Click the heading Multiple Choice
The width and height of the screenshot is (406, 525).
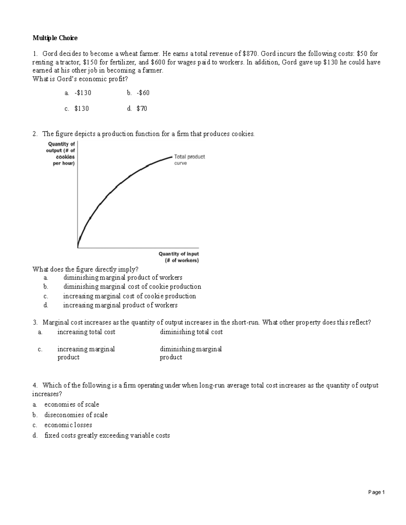[55, 38]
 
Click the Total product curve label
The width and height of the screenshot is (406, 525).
[189, 160]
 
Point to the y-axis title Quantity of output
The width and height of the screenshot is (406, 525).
[61, 153]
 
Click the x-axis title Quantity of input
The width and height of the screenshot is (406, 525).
[179, 257]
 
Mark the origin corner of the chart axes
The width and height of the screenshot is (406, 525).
[78, 248]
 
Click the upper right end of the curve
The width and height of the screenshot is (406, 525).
[172, 157]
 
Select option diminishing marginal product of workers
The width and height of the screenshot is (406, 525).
[123, 278]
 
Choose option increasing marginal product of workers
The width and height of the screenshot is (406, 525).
[120, 305]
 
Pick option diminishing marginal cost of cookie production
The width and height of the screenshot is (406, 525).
[132, 287]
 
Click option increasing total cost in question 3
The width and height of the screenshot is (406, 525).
[86, 332]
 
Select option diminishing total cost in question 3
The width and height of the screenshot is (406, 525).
[191, 332]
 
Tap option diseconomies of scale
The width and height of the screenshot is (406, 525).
[76, 415]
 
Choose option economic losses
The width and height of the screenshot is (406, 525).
[68, 425]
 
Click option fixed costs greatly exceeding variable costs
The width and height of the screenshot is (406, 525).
[107, 435]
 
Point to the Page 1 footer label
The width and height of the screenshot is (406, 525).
[377, 492]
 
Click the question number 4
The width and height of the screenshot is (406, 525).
[35, 385]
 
